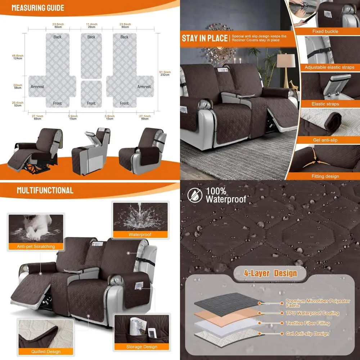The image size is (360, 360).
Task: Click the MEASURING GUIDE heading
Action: click(38, 8)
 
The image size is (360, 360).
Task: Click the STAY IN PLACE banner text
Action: click(204, 38)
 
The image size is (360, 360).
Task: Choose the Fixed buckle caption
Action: click(325, 31)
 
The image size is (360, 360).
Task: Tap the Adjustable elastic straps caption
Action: click(329, 67)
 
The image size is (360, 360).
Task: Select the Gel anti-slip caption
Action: click(325, 140)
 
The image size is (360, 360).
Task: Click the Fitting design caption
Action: click(325, 176)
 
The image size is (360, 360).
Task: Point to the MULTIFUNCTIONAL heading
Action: click(45, 190)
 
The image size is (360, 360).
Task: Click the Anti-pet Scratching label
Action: click(36, 247)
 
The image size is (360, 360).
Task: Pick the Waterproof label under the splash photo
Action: click(140, 234)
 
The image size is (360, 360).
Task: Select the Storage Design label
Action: click(141, 347)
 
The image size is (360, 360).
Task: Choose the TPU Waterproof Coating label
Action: click(312, 313)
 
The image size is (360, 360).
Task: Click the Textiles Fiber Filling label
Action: click(308, 323)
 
